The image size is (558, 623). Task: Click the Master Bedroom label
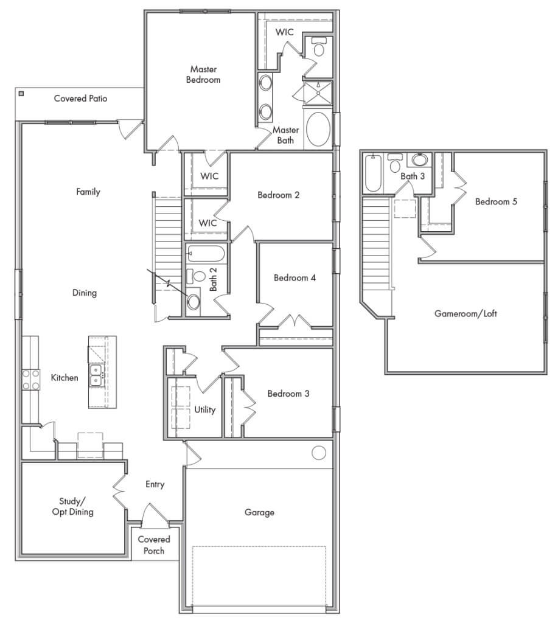(x=203, y=74)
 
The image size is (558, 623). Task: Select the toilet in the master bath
(x=319, y=47)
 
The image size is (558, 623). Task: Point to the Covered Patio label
(x=80, y=98)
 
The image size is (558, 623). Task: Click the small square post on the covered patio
(x=21, y=94)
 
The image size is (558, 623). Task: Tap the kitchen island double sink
(x=96, y=375)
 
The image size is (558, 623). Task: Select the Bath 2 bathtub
(x=206, y=253)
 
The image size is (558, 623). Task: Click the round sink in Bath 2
(x=194, y=301)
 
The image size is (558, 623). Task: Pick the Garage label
(x=259, y=512)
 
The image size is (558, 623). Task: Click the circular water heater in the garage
(x=319, y=453)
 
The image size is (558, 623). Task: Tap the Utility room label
(x=205, y=409)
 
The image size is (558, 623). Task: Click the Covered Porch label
(x=154, y=545)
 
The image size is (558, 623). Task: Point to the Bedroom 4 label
(x=295, y=278)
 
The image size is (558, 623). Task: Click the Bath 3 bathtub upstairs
(x=372, y=174)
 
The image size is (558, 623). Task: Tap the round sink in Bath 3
(x=419, y=160)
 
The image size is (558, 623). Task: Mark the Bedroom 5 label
(x=496, y=201)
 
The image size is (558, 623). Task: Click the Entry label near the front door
(x=155, y=484)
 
